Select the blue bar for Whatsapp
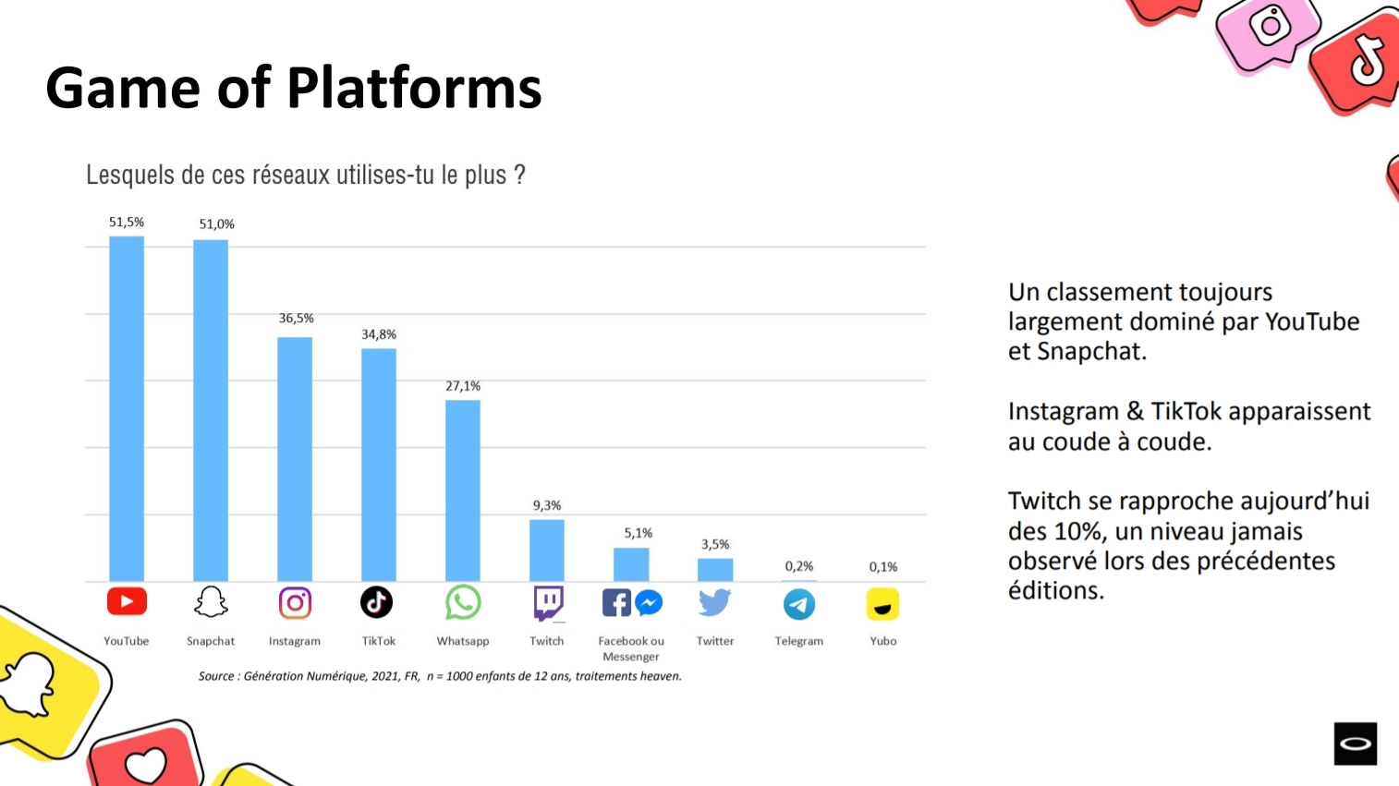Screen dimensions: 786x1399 [463, 490]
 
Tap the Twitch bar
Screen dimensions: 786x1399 [547, 550]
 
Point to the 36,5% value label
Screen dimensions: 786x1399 [297, 319]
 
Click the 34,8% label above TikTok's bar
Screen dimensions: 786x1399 [379, 334]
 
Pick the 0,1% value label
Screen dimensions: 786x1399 [883, 567]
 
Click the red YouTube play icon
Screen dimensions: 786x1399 [127, 602]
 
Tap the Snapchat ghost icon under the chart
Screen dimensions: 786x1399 [211, 602]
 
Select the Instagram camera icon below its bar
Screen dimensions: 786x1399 [295, 603]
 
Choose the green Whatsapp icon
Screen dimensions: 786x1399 [463, 603]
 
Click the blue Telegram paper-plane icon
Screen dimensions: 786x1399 [799, 605]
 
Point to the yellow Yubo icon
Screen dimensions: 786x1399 [882, 605]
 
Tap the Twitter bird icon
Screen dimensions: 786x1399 [715, 603]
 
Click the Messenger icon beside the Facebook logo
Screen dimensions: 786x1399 [649, 603]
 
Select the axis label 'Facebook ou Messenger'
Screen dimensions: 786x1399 [631, 648]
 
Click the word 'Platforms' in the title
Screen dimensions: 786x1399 [414, 89]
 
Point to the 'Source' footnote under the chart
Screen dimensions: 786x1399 [440, 676]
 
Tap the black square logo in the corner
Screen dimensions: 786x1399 [1355, 744]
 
